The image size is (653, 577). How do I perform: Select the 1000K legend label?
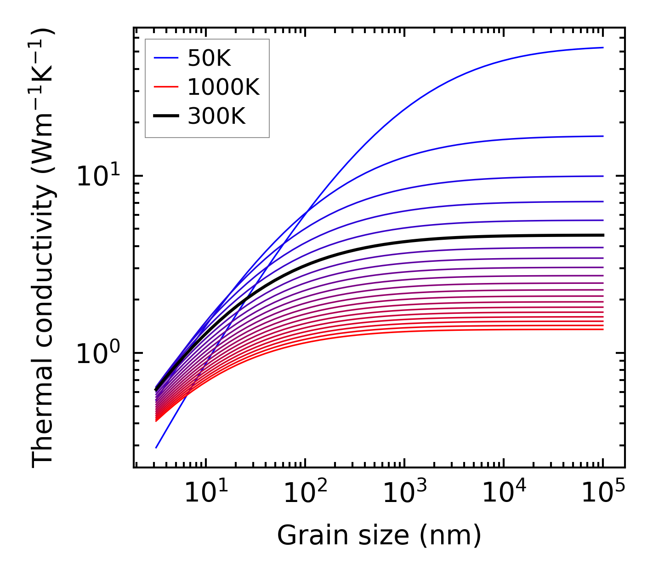pyautogui.click(x=223, y=87)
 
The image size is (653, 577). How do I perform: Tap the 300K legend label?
pyautogui.click(x=216, y=116)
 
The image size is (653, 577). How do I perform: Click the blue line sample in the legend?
pyautogui.click(x=165, y=58)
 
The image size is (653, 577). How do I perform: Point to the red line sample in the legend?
pyautogui.click(x=165, y=87)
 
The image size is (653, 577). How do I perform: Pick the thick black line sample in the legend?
pyautogui.click(x=165, y=116)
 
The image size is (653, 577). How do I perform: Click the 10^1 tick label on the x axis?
pyautogui.click(x=205, y=494)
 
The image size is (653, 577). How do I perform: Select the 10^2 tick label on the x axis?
pyautogui.click(x=305, y=494)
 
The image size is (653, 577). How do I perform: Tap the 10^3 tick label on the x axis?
pyautogui.click(x=404, y=494)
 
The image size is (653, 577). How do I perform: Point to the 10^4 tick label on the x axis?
pyautogui.click(x=503, y=494)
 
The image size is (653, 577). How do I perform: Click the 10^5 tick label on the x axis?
pyautogui.click(x=602, y=494)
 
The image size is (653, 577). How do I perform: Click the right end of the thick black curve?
pyautogui.click(x=602, y=235)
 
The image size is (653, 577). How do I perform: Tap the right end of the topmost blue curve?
pyautogui.click(x=602, y=47)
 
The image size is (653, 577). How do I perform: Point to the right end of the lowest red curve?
pyautogui.click(x=602, y=329)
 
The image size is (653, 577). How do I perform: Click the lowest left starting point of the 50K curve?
pyautogui.click(x=156, y=447)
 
